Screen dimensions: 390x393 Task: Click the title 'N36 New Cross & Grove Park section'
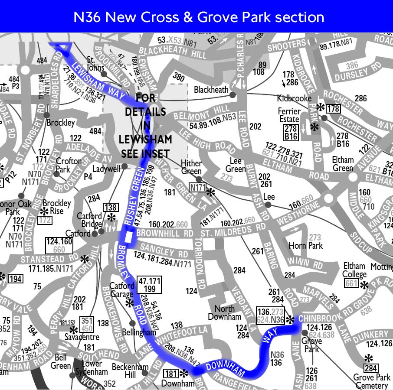point(199,17)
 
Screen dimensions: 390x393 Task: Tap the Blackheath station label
point(211,90)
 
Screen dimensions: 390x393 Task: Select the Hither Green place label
point(191,167)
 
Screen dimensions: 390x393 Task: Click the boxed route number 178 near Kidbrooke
point(333,108)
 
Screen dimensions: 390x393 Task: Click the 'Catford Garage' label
point(122,290)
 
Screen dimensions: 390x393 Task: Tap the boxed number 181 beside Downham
point(171,373)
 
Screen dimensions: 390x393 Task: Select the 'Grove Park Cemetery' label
point(371,381)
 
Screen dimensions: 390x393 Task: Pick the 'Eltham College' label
point(354,270)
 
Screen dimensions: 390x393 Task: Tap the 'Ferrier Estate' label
point(289,115)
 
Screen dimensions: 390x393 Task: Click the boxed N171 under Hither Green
point(197,188)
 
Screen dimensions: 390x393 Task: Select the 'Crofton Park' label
point(69,165)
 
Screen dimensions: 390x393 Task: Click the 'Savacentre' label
point(82,337)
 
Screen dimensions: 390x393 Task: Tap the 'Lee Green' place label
point(236,165)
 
